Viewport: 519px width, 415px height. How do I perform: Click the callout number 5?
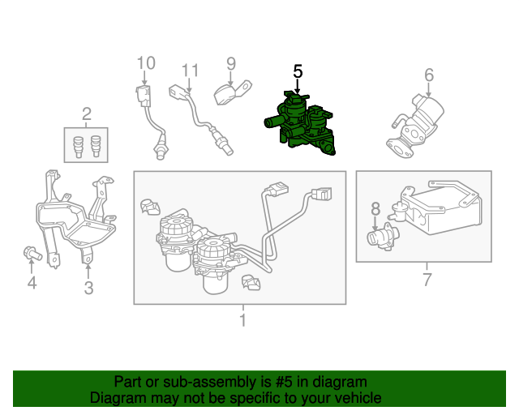point(298,71)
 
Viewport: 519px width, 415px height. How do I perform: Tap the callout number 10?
point(146,63)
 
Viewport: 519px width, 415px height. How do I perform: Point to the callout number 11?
point(190,71)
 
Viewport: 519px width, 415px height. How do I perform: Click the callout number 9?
point(231,64)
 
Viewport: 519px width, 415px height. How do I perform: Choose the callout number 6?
point(429,75)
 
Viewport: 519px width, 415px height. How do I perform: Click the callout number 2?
point(87,114)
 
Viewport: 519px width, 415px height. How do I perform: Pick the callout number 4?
point(32,283)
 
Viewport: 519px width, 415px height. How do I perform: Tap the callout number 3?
point(88,288)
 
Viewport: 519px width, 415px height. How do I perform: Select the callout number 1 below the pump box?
point(243,320)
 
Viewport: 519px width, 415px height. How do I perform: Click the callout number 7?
point(427,280)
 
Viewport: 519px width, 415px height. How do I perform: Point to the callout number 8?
point(375,209)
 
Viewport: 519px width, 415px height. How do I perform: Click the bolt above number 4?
point(32,254)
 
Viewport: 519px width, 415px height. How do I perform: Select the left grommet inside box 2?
point(78,147)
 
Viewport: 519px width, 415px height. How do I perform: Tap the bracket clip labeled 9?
point(233,92)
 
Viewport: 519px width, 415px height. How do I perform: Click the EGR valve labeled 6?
point(416,126)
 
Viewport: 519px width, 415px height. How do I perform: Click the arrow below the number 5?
point(298,86)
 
